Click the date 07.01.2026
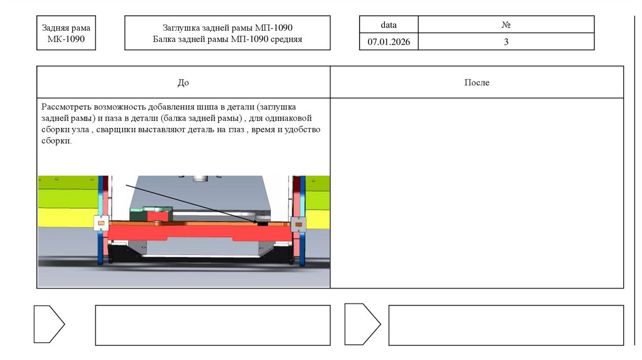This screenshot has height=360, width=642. [x=389, y=42]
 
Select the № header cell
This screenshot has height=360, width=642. [x=506, y=24]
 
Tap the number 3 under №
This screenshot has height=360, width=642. [x=506, y=42]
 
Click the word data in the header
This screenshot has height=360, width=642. [x=389, y=25]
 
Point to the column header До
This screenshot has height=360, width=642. [x=183, y=83]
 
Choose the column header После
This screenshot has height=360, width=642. [x=476, y=82]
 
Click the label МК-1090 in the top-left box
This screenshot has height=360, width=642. [x=66, y=39]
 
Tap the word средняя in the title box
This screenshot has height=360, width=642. [x=286, y=40]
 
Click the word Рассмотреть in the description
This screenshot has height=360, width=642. [x=66, y=107]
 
